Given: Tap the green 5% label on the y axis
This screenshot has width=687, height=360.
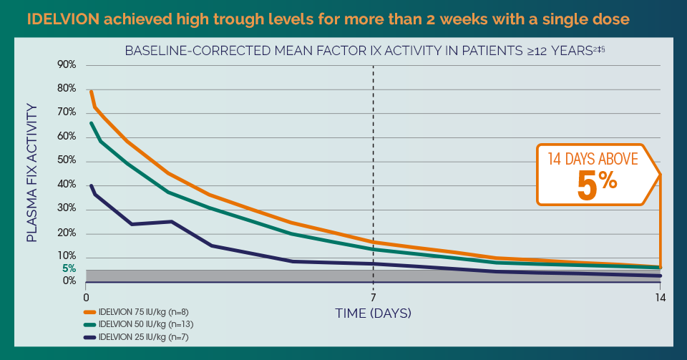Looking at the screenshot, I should click(x=69, y=268).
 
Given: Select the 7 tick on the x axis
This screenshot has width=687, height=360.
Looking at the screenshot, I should click(x=373, y=296).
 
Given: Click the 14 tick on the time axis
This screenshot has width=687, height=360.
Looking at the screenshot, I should click(x=659, y=296).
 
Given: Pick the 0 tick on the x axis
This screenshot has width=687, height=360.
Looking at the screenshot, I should click(x=86, y=296).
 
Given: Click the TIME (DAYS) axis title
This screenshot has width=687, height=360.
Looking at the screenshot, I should click(x=373, y=313).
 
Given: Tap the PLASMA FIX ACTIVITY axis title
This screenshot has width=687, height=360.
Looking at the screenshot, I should click(x=32, y=172).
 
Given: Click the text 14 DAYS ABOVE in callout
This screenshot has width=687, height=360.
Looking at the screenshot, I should click(x=593, y=159).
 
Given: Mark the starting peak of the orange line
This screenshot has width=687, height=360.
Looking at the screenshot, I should click(x=90, y=91).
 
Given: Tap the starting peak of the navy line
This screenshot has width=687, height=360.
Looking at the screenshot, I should click(x=90, y=185).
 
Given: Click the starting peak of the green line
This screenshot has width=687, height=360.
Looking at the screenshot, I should click(x=90, y=122).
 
